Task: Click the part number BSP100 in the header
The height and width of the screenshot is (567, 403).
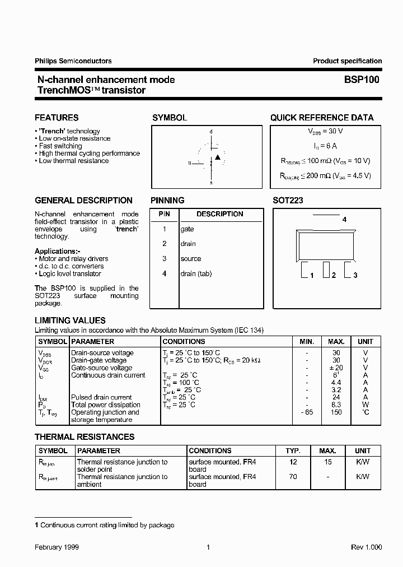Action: tap(362, 80)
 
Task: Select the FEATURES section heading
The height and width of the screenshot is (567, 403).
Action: tap(57, 118)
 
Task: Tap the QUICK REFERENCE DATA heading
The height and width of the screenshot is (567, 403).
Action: tap(322, 118)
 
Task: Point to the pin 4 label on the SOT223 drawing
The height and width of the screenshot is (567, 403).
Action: tap(344, 220)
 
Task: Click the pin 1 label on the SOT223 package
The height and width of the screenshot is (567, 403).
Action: tap(311, 275)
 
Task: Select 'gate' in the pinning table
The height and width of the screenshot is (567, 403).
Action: tap(187, 229)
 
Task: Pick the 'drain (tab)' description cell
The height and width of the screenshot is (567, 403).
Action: tap(196, 273)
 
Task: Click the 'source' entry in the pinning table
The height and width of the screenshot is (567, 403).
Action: tap(190, 259)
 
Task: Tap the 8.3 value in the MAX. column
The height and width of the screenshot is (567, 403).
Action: tap(336, 405)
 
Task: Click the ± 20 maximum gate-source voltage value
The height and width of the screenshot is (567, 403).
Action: tap(336, 368)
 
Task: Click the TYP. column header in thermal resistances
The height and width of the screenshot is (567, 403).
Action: tap(293, 450)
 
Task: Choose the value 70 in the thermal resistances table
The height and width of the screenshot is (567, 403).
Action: tap(293, 477)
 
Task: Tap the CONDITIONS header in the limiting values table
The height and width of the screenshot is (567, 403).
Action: tap(184, 341)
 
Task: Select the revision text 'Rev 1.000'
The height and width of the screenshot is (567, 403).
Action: tap(366, 547)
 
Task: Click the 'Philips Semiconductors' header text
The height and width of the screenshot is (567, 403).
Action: tap(73, 61)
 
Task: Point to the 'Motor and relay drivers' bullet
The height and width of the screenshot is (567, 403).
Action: tap(73, 259)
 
